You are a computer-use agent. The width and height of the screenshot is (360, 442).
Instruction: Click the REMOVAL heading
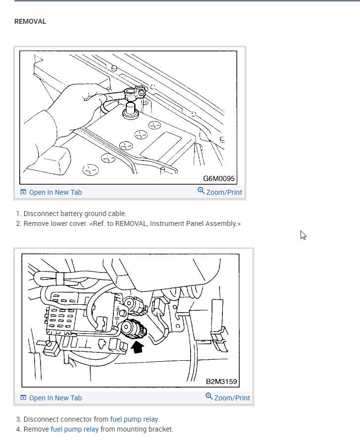(30, 22)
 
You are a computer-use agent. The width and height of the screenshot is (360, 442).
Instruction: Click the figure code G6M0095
(218, 178)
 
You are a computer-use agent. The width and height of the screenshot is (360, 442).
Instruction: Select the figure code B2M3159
(221, 382)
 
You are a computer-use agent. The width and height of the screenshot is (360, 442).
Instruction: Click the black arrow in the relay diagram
(138, 347)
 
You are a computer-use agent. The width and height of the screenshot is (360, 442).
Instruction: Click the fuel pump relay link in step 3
(134, 419)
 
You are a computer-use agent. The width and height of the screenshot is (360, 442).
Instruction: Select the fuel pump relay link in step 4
(75, 429)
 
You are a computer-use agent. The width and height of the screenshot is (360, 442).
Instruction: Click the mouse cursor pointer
(303, 235)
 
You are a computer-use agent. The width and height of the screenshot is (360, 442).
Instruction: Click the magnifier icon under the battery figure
(201, 191)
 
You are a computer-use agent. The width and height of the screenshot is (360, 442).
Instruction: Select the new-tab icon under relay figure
(23, 398)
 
